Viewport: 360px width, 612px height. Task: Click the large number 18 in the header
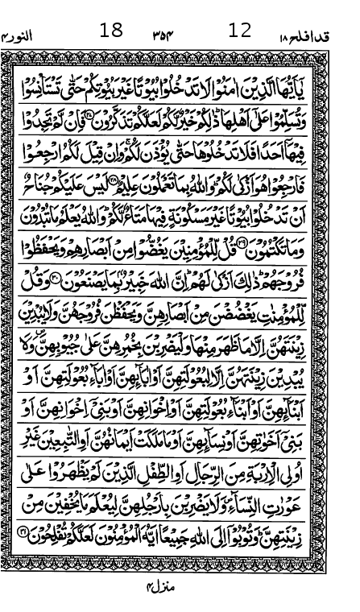point(111,31)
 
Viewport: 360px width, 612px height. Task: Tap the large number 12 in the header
point(240,31)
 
